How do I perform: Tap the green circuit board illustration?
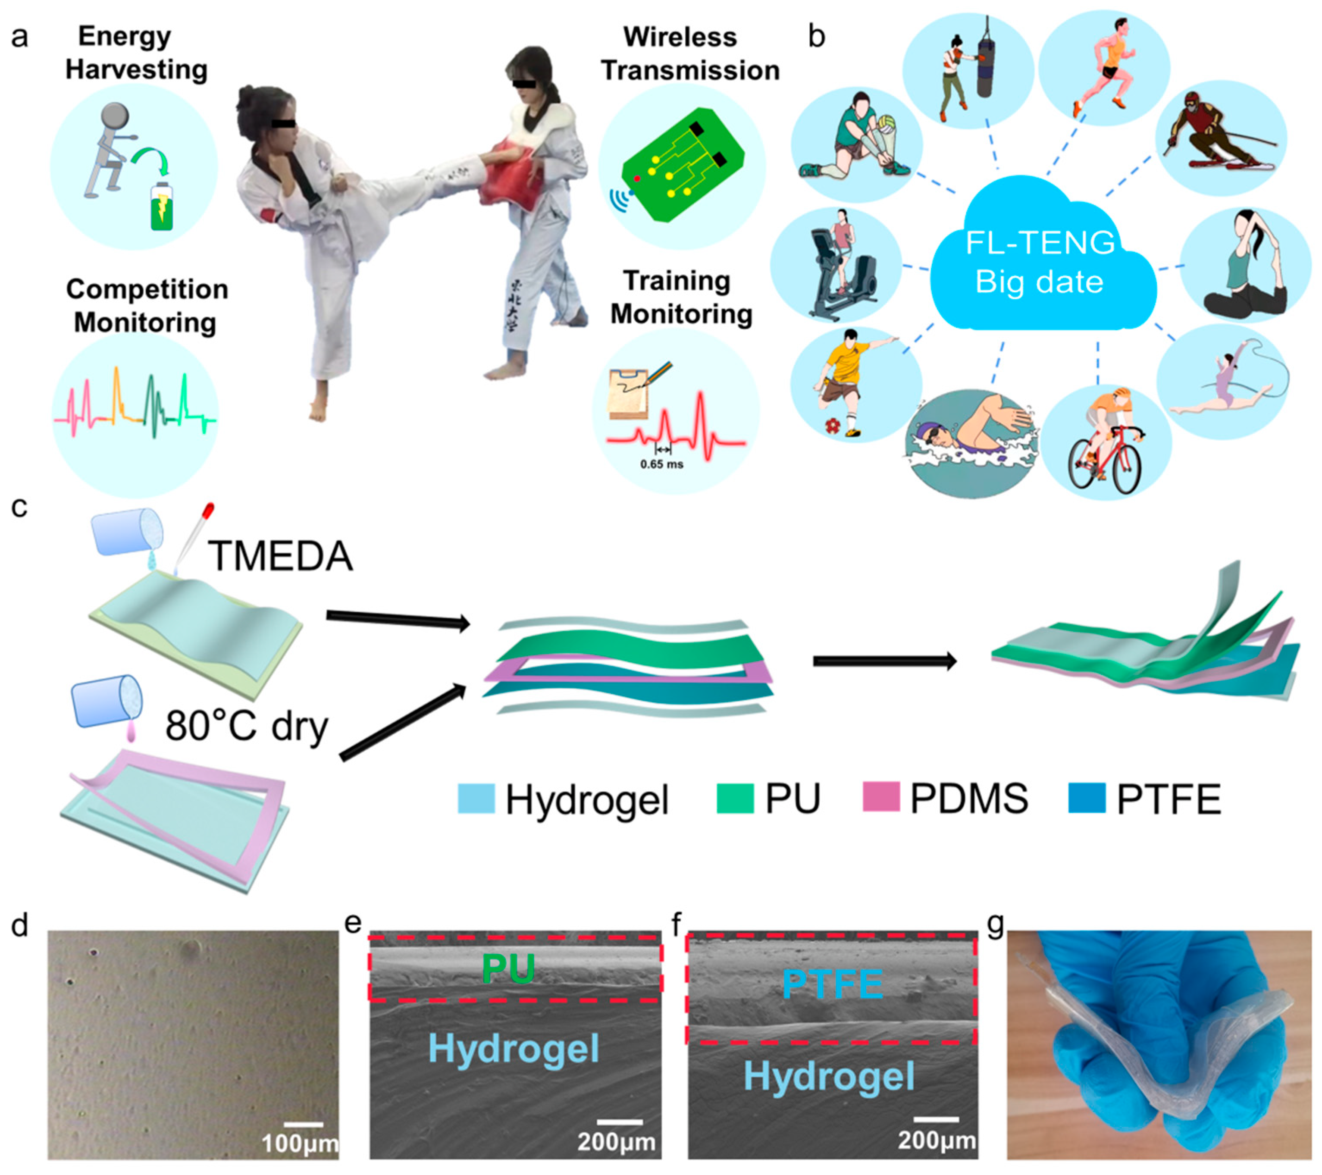[x=682, y=169]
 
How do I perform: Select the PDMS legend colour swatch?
[x=881, y=797]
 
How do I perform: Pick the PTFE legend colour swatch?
[x=1087, y=797]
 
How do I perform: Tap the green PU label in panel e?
[x=508, y=969]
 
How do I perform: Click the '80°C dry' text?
[x=247, y=726]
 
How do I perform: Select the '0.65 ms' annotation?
[x=661, y=464]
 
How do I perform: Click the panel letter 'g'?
[x=995, y=925]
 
